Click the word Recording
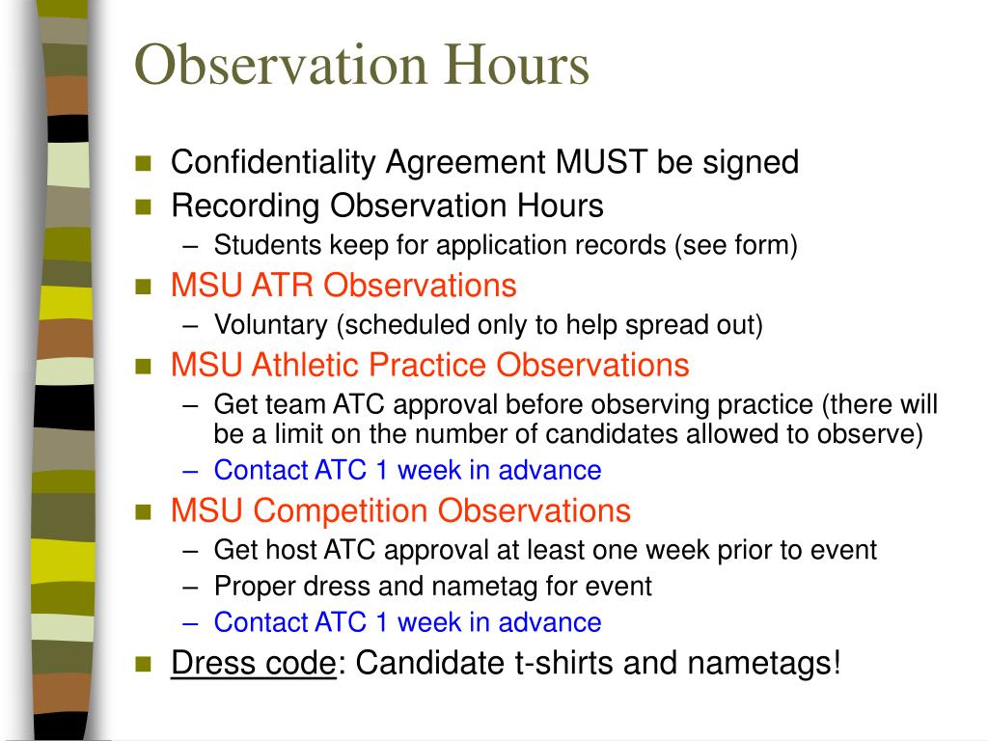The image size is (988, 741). [x=245, y=206]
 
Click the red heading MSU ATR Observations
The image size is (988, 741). [x=343, y=286]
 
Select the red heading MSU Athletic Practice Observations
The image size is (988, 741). [x=429, y=365]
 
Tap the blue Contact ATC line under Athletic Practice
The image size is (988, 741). [x=407, y=471]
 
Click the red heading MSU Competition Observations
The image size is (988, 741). [x=400, y=510]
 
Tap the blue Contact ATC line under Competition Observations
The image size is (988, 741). [x=407, y=622]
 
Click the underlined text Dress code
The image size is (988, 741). [x=253, y=664]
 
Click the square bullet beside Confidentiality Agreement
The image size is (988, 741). [x=145, y=162]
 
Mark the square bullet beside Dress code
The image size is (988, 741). [x=145, y=664]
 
